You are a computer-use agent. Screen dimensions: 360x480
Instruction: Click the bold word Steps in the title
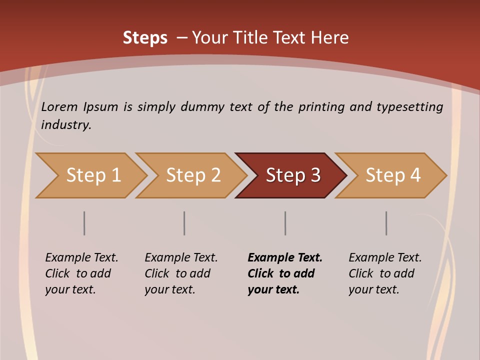pos(145,38)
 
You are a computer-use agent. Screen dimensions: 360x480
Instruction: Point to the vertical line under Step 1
pos(84,223)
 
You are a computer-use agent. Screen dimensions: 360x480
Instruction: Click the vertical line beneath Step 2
pos(184,223)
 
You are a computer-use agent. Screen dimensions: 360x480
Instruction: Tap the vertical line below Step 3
pos(285,223)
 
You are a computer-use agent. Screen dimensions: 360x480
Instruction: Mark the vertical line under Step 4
pos(386,223)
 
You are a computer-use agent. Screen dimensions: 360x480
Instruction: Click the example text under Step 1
pos(81,273)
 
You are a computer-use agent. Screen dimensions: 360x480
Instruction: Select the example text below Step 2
pos(181,273)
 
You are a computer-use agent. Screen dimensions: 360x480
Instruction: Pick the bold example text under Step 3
pos(285,273)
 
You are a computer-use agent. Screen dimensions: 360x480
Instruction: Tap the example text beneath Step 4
pos(385,273)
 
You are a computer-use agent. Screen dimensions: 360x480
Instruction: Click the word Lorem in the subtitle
pos(59,107)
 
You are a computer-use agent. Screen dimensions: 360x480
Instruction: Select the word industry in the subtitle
pos(65,125)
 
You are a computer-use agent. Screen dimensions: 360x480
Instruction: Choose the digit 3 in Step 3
pos(315,175)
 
